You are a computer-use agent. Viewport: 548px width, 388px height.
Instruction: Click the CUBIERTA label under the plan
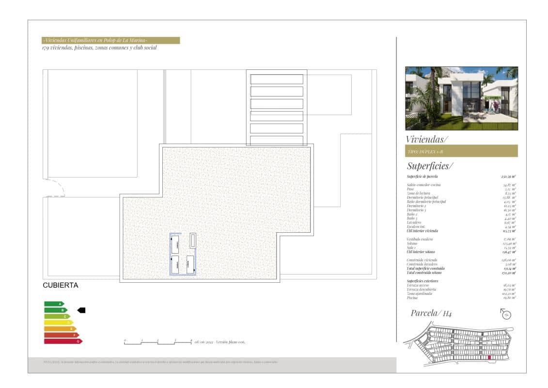(x=61, y=286)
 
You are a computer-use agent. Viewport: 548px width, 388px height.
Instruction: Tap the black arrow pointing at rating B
(x=81, y=310)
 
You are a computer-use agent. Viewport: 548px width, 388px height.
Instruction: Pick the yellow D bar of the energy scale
(x=58, y=323)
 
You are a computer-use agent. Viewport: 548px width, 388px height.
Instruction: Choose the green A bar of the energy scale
(x=54, y=304)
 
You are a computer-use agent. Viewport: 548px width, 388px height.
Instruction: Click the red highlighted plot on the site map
(x=489, y=358)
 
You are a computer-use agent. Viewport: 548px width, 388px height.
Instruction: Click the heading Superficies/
(x=430, y=166)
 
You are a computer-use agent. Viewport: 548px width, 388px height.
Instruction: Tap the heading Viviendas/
(x=427, y=139)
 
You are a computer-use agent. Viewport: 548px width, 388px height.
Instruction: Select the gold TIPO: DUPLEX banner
(x=461, y=151)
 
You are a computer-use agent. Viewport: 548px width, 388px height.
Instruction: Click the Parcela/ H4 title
(x=431, y=313)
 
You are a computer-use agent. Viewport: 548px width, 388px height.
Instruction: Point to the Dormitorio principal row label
(x=423, y=197)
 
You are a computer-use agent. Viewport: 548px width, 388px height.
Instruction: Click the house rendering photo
(x=461, y=98)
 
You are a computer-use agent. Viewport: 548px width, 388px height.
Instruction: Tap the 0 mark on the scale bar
(x=125, y=341)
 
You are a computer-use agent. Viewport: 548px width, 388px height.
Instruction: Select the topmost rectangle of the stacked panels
(x=277, y=79)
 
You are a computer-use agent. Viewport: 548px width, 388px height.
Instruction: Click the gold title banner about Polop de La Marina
(x=111, y=40)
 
